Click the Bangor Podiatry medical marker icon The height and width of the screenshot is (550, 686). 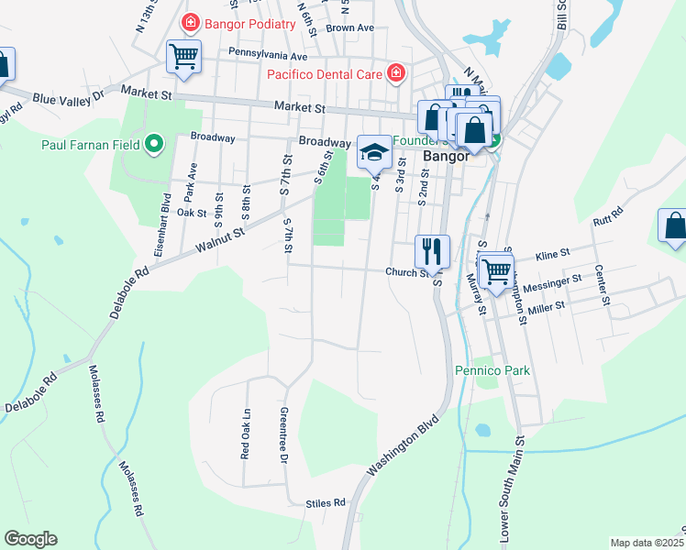[x=191, y=22]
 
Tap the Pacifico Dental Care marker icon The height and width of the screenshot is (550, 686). [x=395, y=73]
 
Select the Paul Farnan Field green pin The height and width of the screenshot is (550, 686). [x=155, y=144]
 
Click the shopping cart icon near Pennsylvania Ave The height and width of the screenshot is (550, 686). [x=183, y=57]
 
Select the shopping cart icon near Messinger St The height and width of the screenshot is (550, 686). [x=496, y=269]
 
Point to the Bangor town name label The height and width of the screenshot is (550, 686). [x=447, y=156]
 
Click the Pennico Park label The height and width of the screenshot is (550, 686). [x=492, y=371]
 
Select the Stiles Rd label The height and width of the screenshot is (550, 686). [x=326, y=503]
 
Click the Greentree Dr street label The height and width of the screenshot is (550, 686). [x=284, y=434]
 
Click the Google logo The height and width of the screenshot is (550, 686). [x=30, y=539]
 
